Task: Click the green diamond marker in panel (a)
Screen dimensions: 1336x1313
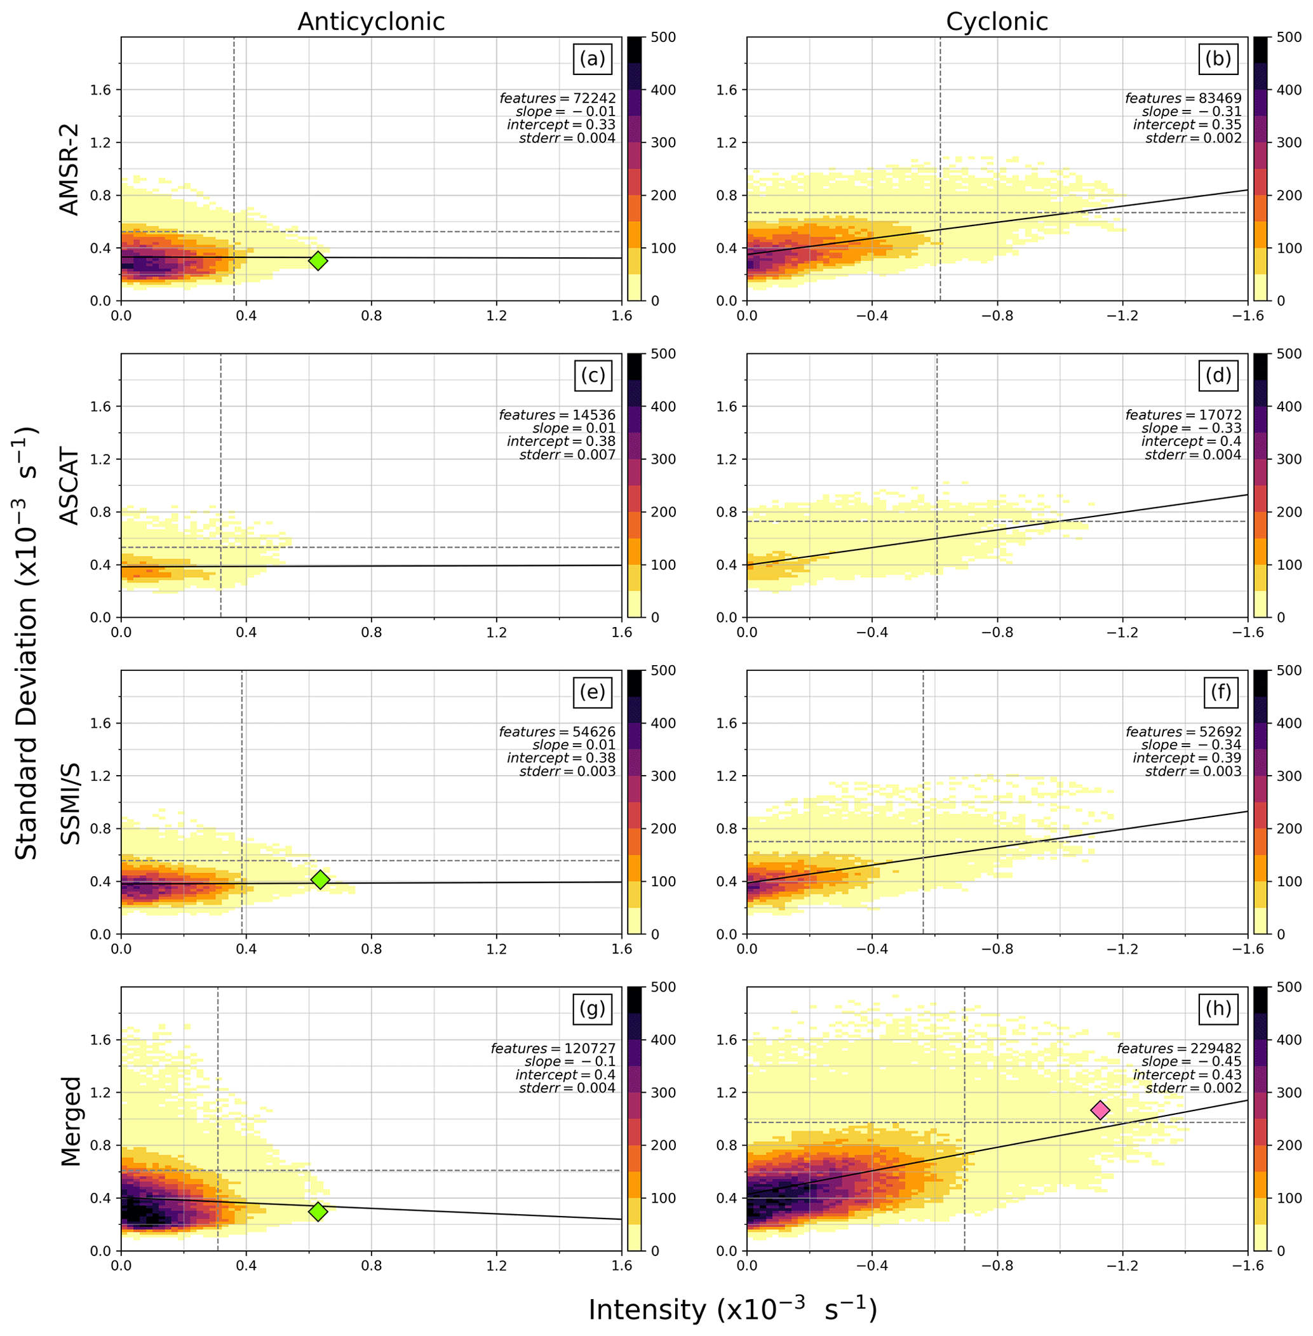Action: click(317, 260)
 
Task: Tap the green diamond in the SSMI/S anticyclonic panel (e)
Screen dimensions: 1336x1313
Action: click(320, 879)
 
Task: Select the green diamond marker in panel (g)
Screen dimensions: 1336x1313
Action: click(317, 1211)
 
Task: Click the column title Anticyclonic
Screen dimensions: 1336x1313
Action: click(371, 22)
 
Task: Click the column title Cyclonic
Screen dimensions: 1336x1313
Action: click(997, 22)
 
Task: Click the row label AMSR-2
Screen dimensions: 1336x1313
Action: click(70, 169)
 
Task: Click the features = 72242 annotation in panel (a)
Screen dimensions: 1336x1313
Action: click(557, 98)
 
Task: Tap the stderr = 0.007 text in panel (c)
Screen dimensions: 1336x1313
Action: click(567, 454)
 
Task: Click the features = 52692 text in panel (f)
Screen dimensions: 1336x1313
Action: click(1183, 732)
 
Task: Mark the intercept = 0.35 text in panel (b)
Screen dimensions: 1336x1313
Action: click(1187, 125)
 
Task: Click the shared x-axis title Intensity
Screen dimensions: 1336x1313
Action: click(732, 1309)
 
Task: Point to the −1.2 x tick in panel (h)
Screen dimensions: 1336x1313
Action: click(1122, 1266)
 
